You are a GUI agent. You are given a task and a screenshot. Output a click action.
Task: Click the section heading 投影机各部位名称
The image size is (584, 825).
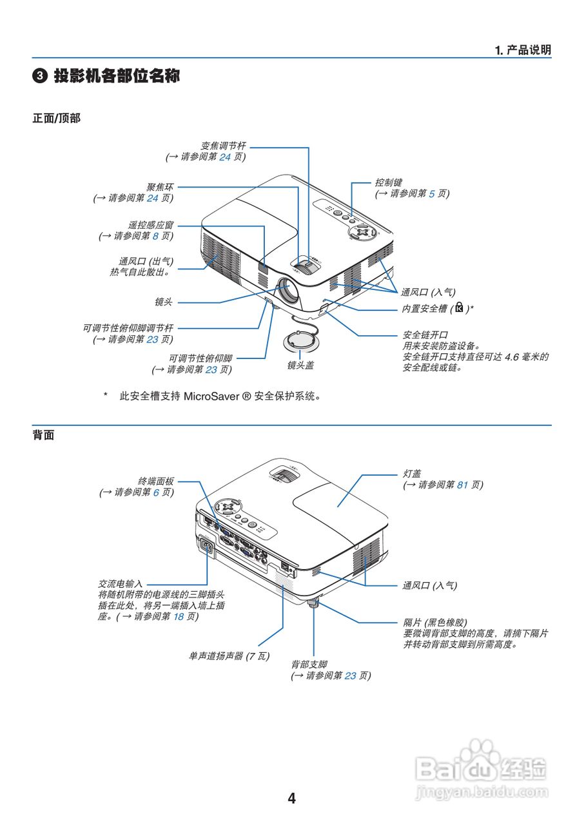[116, 76]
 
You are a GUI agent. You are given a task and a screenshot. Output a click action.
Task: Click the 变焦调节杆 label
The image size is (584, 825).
[222, 145]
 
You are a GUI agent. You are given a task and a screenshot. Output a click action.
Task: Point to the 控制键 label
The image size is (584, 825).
[389, 182]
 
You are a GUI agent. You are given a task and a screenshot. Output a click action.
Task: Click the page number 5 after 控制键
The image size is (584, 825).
[432, 193]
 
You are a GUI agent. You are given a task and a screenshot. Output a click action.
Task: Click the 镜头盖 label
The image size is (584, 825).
[300, 365]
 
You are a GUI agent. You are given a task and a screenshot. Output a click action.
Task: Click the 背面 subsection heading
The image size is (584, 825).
[43, 436]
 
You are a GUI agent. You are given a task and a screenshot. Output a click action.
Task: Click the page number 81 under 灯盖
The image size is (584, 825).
[462, 485]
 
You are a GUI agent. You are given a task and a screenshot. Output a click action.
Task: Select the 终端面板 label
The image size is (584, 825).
[156, 481]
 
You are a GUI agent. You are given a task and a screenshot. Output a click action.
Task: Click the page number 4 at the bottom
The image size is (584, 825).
[291, 799]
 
